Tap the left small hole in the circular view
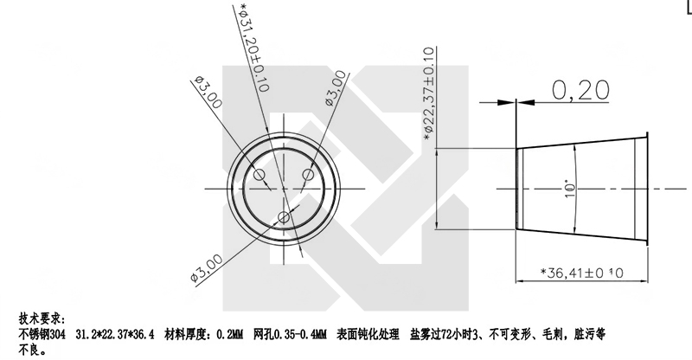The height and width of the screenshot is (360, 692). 259,173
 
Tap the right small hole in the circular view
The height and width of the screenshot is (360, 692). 307,174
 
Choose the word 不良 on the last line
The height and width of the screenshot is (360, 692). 29,348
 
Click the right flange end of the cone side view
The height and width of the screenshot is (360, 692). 647,187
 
